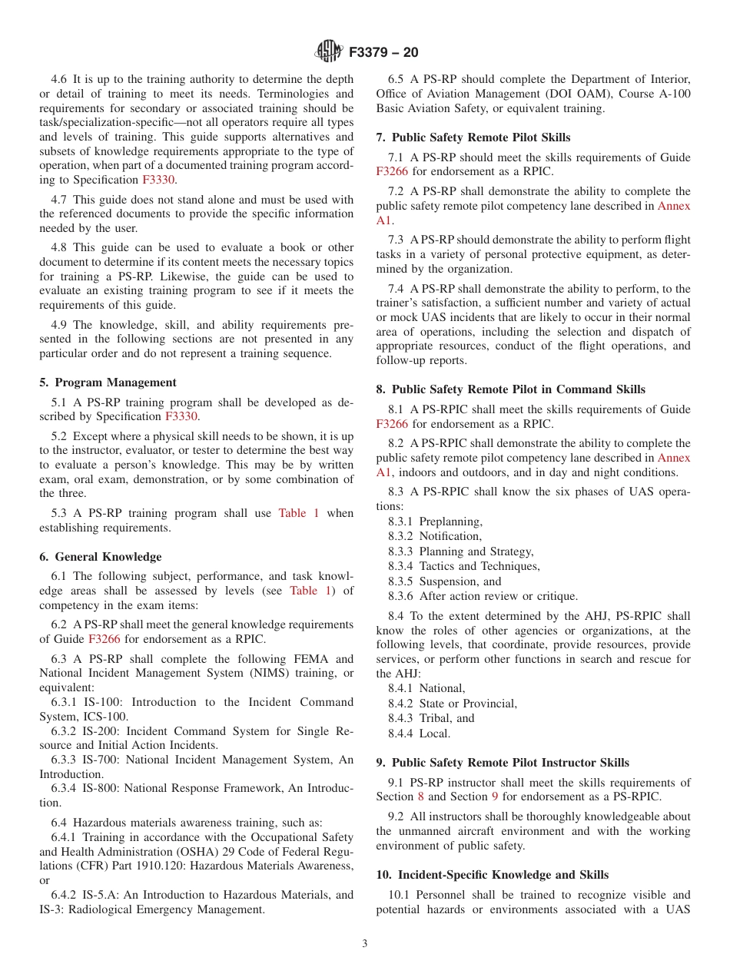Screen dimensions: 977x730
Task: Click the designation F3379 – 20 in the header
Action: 383,53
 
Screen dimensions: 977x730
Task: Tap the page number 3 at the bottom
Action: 365,944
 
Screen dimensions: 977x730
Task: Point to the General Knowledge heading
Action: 108,557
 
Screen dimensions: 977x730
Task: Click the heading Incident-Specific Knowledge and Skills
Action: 499,875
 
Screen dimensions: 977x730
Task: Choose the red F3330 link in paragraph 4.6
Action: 158,180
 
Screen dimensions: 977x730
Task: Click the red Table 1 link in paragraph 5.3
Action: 298,513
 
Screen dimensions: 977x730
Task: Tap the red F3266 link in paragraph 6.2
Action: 105,639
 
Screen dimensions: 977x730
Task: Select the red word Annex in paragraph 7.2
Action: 674,206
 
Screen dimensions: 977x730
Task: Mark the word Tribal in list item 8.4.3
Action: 437,718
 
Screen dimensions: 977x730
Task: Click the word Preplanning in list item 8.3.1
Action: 450,522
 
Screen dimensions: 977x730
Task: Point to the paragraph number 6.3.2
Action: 66,731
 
